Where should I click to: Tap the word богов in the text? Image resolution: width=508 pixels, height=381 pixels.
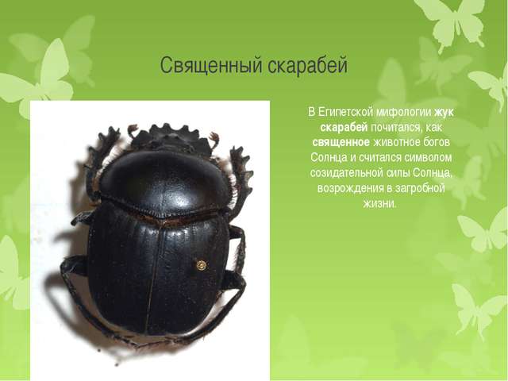coord(435,142)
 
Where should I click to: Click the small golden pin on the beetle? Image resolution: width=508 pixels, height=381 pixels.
coord(201,265)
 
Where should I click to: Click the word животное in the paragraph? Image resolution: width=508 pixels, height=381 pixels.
coord(394,142)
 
